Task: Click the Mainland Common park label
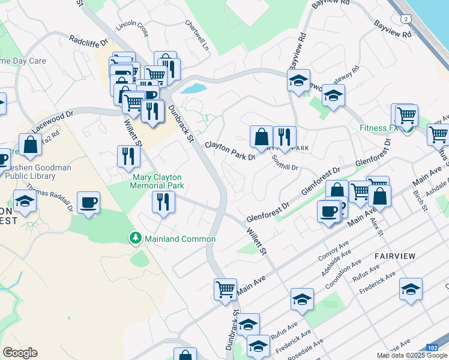tap(179, 239)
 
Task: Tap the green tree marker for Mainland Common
tap(136, 239)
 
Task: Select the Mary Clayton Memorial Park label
tap(157, 181)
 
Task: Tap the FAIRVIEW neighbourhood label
tap(395, 256)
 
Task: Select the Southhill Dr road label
tap(285, 163)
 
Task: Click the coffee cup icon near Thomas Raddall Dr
tap(88, 202)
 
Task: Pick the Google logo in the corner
tap(20, 353)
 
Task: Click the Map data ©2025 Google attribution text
tap(411, 355)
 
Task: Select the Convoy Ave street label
tap(334, 248)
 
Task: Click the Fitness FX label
tap(379, 128)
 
